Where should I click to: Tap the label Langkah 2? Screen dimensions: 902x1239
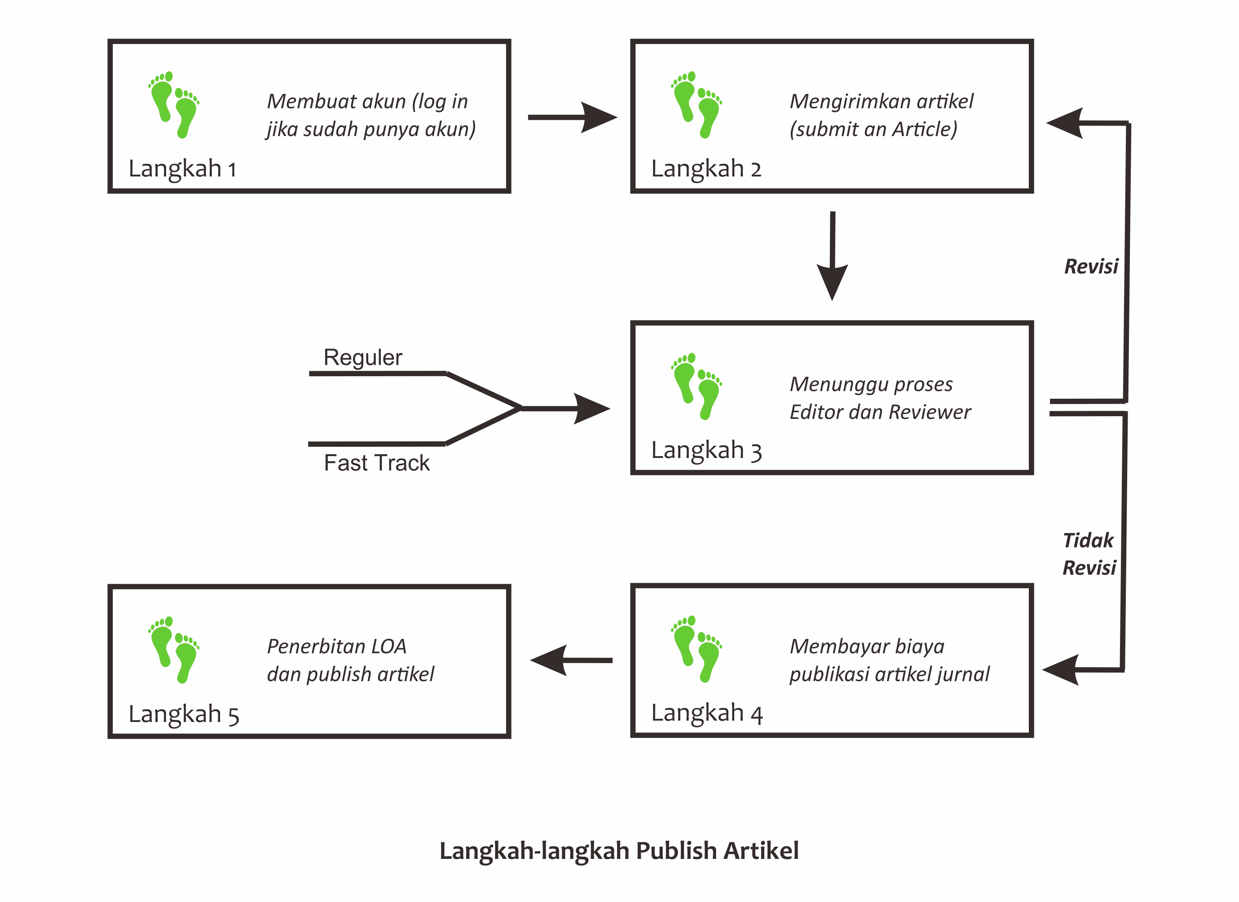pos(706,168)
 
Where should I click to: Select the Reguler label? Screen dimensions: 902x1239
pos(363,357)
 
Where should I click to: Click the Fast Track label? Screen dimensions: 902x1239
pos(376,463)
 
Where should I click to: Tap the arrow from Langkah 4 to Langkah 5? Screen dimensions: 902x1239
pos(571,660)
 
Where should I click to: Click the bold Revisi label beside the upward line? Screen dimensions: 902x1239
pos(1091,267)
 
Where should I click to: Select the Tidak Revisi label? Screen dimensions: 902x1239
pos(1089,554)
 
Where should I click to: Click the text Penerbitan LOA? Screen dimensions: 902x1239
pos(336,647)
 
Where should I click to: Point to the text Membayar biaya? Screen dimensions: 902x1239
pos(867,647)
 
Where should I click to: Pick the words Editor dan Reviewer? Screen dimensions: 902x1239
pos(880,412)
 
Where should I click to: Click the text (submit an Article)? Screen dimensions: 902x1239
pos(873,129)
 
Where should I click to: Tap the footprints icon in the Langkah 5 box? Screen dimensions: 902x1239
pos(174,650)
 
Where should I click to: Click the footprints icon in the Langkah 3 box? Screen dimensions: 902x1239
pos(697,386)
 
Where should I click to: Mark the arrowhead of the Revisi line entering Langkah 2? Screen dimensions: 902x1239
pos(1065,123)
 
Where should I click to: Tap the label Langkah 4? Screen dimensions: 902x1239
pos(706,713)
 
